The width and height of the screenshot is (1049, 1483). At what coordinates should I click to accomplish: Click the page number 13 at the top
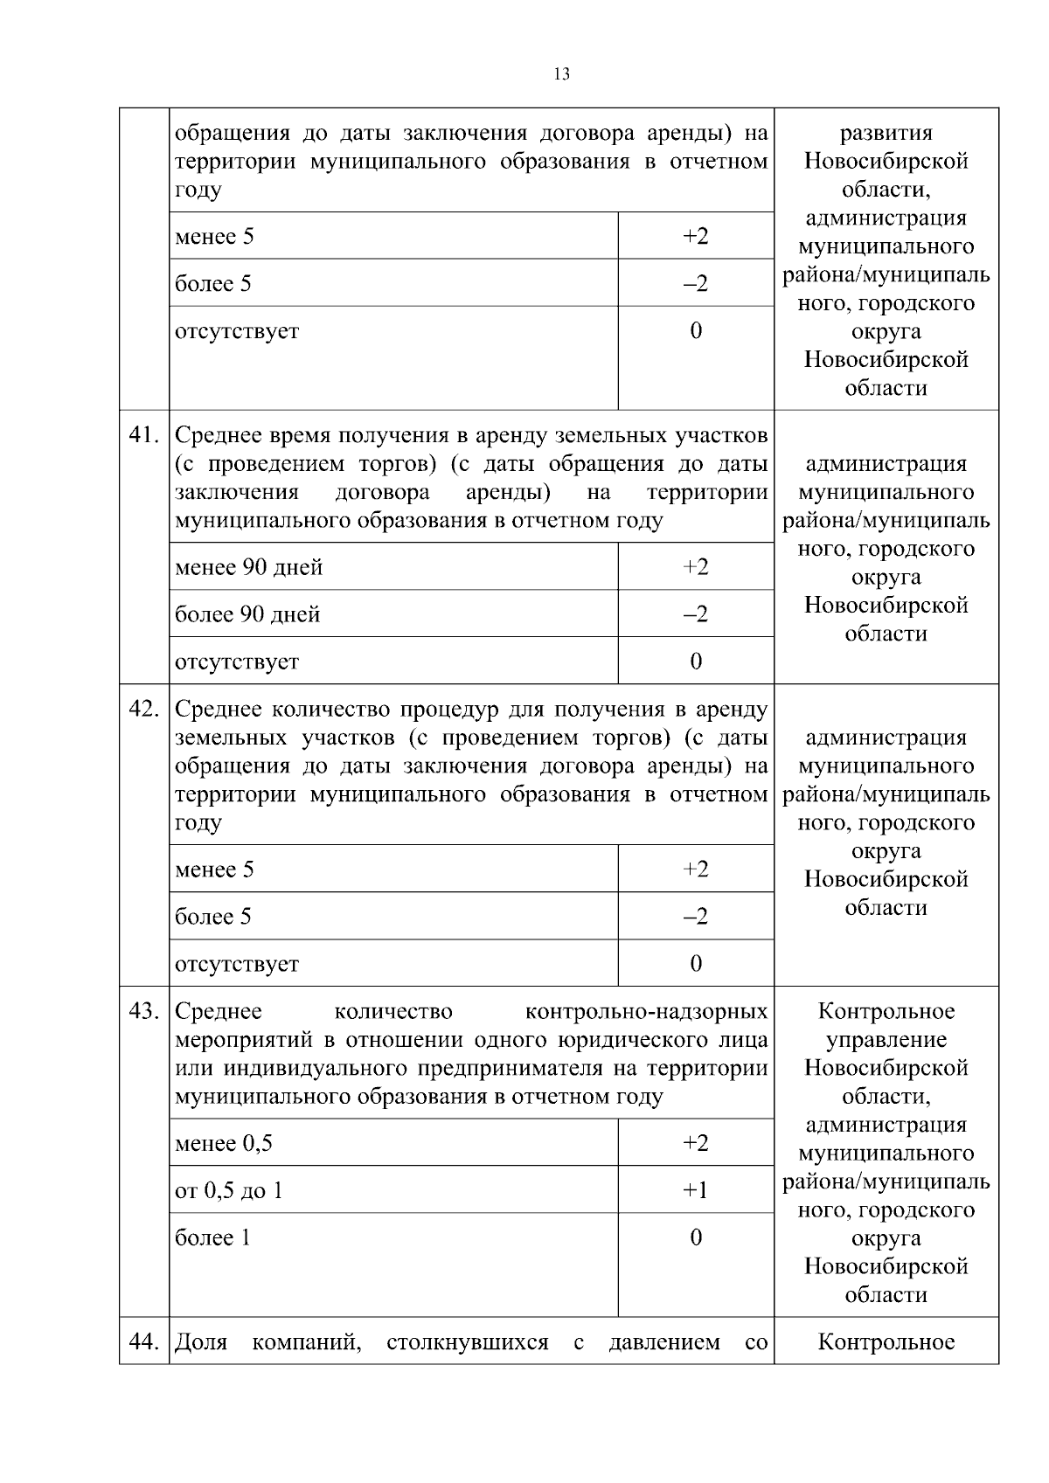[x=561, y=74]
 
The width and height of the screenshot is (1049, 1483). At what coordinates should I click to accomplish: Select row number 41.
[x=143, y=435]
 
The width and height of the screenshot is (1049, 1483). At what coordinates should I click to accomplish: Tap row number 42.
[x=143, y=709]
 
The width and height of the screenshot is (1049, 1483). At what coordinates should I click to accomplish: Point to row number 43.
[x=143, y=1011]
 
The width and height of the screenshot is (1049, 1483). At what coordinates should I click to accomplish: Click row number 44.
[x=143, y=1341]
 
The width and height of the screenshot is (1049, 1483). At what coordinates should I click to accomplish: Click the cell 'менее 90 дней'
[x=249, y=568]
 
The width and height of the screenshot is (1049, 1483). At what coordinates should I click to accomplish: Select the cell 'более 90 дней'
[x=247, y=615]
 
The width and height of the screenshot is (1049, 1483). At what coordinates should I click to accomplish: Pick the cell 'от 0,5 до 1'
[x=229, y=1191]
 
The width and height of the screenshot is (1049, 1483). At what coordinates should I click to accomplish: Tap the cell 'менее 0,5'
[x=224, y=1144]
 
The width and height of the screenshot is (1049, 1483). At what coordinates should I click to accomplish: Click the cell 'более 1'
[x=212, y=1238]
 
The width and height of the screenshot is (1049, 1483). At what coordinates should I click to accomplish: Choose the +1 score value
[x=695, y=1191]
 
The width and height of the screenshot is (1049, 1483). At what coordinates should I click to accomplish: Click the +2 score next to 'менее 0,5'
[x=695, y=1144]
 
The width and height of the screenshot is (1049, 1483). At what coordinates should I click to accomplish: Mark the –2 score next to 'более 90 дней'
[x=695, y=615]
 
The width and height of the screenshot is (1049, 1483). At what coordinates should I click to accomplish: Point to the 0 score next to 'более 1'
[x=695, y=1238]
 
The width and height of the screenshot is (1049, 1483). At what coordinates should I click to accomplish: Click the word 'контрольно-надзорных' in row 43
[x=646, y=1012]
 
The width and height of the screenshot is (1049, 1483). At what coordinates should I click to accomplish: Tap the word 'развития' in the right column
[x=886, y=134]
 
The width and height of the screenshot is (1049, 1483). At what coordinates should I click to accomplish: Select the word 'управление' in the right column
[x=886, y=1040]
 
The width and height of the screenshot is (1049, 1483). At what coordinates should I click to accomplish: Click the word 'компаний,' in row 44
[x=307, y=1342]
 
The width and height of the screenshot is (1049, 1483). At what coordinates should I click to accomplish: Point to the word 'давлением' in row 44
[x=664, y=1342]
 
